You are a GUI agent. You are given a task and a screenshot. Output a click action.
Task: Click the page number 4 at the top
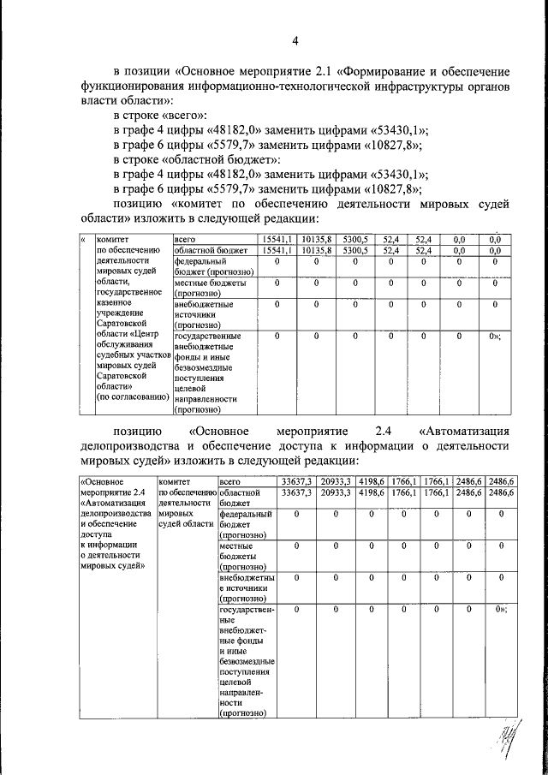295,40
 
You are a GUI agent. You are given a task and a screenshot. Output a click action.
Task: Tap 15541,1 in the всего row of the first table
277,239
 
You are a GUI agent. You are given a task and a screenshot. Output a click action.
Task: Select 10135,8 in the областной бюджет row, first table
315,250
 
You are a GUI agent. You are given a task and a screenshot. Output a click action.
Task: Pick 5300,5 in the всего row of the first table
353,239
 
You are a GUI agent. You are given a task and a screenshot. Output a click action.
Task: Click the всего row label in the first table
186,239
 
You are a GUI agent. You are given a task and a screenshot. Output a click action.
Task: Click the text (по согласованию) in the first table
131,396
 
